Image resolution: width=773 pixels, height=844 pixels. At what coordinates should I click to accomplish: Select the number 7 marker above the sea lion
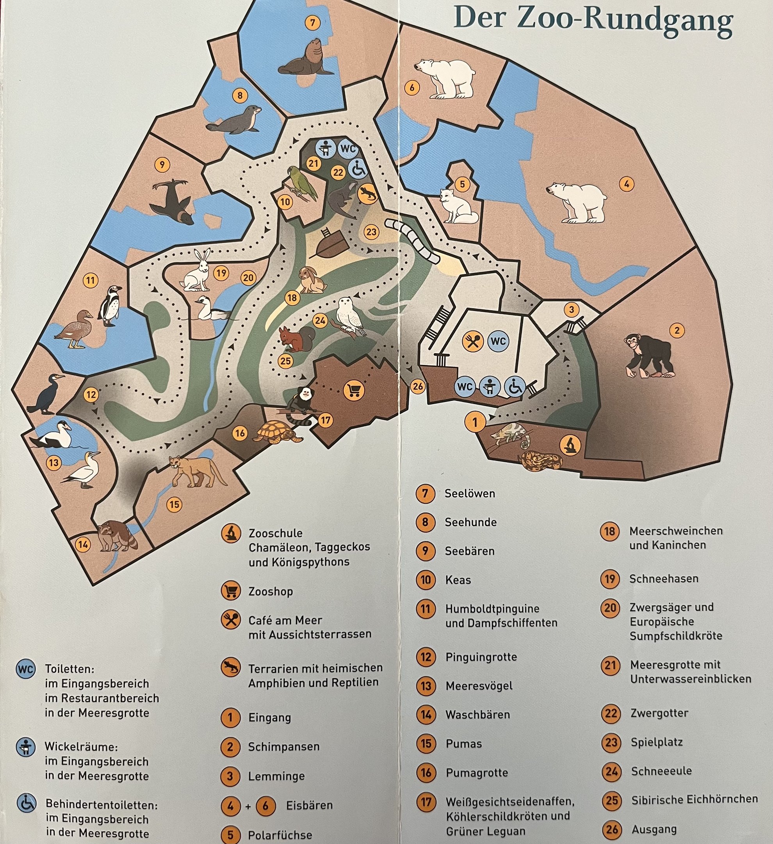click(312, 22)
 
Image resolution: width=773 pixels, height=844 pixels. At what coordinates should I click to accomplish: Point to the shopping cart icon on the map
click(353, 391)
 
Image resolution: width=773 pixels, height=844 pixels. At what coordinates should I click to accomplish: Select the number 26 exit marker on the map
click(418, 386)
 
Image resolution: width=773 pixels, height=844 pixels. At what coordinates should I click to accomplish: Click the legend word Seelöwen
click(469, 493)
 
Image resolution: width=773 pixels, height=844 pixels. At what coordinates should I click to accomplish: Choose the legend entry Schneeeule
click(661, 771)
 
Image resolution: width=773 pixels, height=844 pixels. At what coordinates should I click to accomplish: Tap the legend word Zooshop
click(270, 592)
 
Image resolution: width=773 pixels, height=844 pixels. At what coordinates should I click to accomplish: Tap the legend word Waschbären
click(477, 714)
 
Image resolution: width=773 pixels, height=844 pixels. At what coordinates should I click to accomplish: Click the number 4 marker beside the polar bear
click(626, 183)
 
